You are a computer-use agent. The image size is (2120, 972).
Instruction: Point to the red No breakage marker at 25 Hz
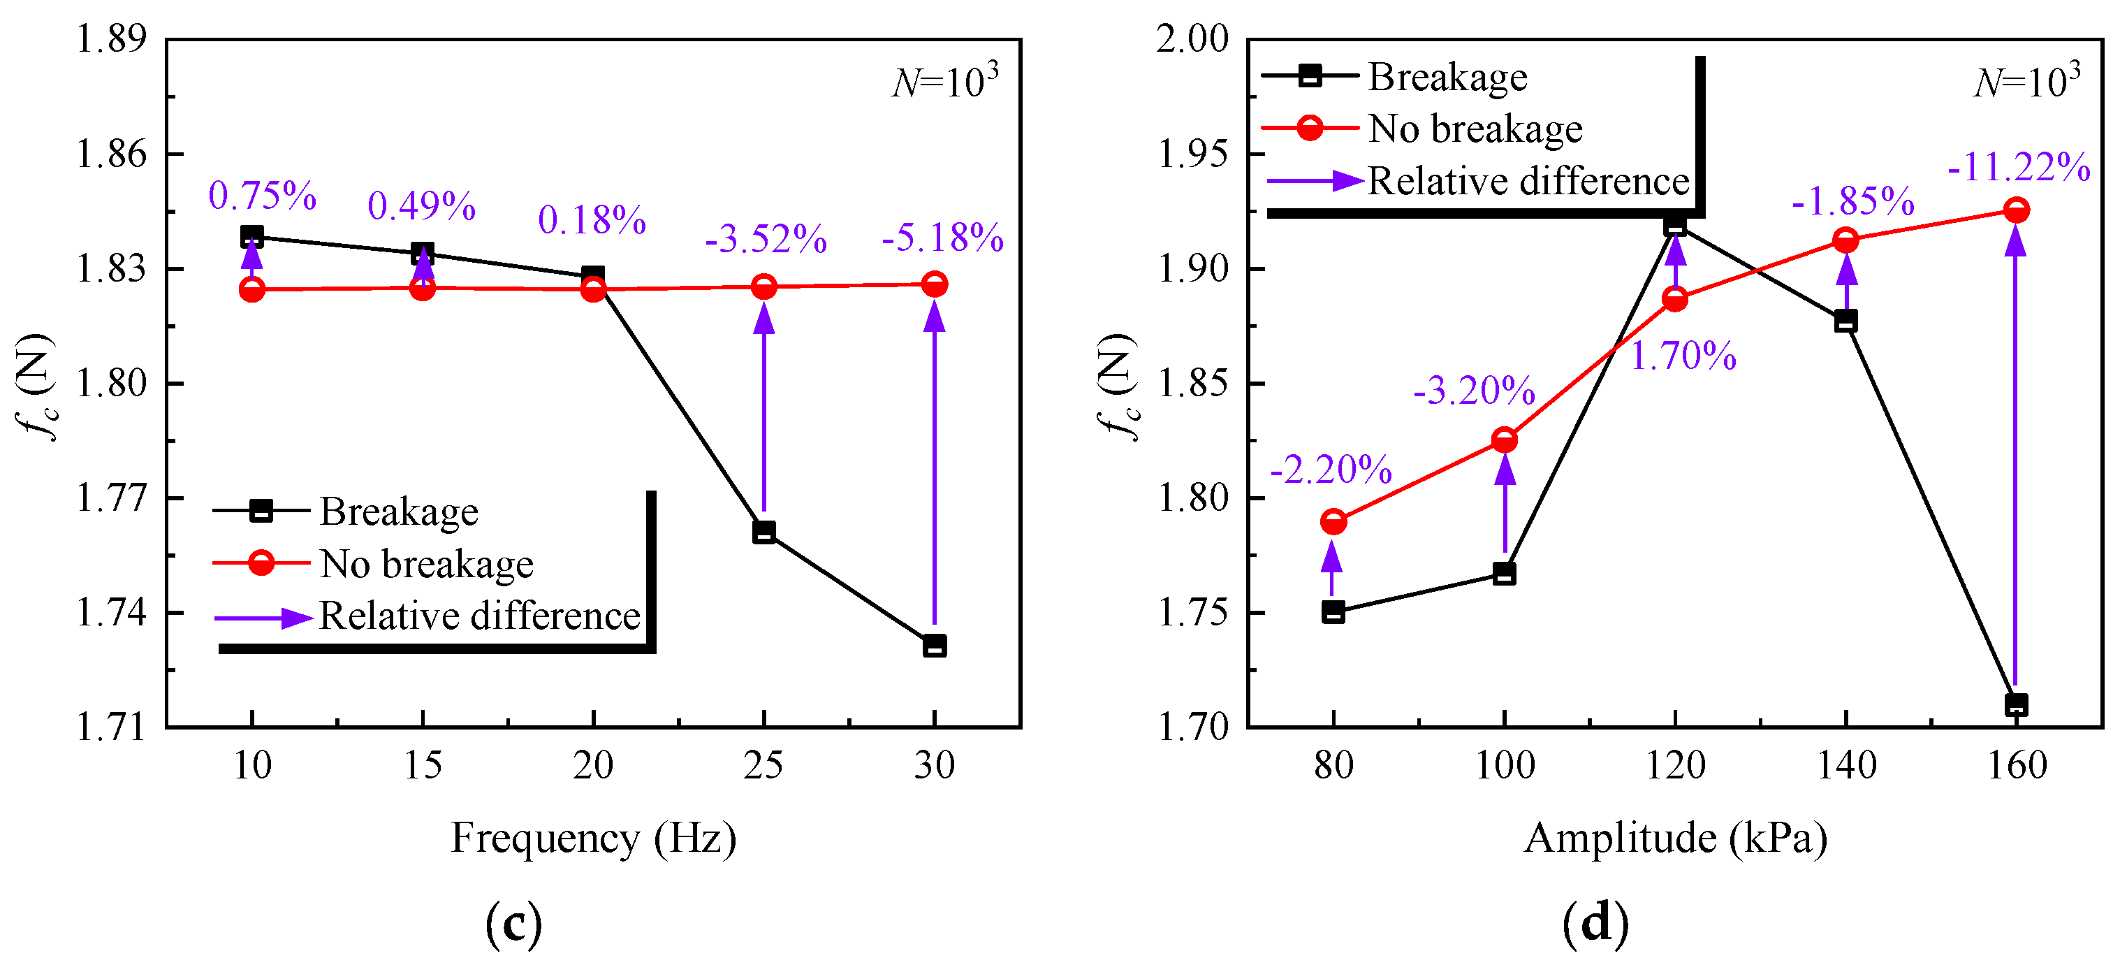[763, 287]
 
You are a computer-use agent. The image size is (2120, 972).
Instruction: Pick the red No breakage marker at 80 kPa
[1333, 522]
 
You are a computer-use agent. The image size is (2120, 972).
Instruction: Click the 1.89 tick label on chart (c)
[111, 38]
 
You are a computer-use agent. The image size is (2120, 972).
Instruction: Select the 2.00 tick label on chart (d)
[1192, 38]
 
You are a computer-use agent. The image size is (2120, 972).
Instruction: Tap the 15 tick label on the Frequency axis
[422, 765]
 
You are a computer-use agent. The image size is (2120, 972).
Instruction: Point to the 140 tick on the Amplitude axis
[1846, 765]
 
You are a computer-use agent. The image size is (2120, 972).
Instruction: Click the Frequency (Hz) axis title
[593, 839]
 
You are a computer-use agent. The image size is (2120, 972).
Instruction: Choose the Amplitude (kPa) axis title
[1676, 839]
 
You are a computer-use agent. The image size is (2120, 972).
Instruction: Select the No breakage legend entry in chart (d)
[1422, 129]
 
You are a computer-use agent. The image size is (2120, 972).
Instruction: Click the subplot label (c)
[513, 924]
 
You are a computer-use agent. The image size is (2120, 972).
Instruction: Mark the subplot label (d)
[1595, 924]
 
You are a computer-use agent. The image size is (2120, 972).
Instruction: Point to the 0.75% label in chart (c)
[263, 196]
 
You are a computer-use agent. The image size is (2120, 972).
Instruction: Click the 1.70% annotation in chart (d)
[1683, 356]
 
